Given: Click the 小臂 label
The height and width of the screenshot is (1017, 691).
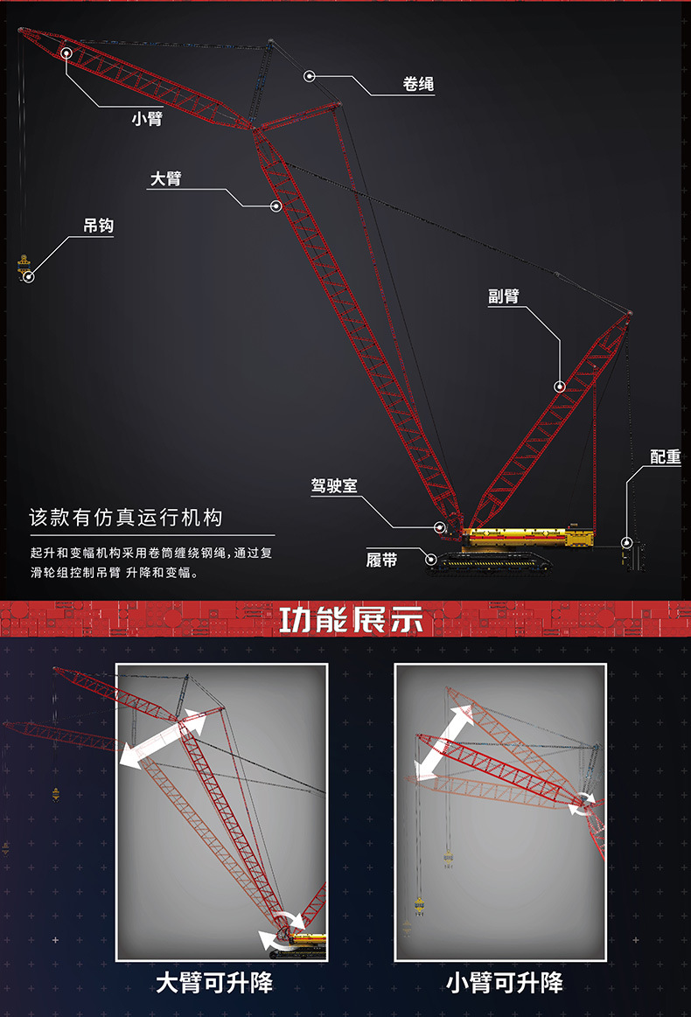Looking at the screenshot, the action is click(x=147, y=119).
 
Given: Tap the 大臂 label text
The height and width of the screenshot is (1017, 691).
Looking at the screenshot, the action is click(x=165, y=178).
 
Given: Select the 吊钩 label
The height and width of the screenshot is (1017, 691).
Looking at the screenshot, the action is click(x=99, y=225).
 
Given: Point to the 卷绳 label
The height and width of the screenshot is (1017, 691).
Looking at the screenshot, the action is click(x=418, y=84).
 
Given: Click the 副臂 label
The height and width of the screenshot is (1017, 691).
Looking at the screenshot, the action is click(x=504, y=296).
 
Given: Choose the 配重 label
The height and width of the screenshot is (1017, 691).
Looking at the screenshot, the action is click(x=666, y=456).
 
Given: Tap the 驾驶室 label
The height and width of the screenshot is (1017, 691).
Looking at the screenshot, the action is click(x=334, y=486).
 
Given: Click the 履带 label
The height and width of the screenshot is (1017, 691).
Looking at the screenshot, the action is click(x=381, y=560).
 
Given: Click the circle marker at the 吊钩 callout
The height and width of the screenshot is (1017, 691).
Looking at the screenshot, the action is click(x=29, y=277).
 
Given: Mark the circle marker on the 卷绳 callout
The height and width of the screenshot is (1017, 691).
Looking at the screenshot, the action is click(x=310, y=77).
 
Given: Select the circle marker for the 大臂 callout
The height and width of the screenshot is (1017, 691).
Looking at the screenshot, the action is click(x=276, y=206).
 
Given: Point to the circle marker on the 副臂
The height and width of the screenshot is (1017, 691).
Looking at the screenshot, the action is click(x=559, y=387).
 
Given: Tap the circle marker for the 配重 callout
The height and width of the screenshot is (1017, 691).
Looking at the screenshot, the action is click(x=626, y=542).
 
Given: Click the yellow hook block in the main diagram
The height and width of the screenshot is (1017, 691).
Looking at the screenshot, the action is click(x=24, y=265).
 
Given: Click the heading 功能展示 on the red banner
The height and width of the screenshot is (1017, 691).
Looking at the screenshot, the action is click(x=351, y=619).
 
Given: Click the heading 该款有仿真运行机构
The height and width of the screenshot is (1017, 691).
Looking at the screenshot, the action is click(x=126, y=518).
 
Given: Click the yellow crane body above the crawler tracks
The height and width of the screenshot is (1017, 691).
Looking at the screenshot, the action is click(x=529, y=537).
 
